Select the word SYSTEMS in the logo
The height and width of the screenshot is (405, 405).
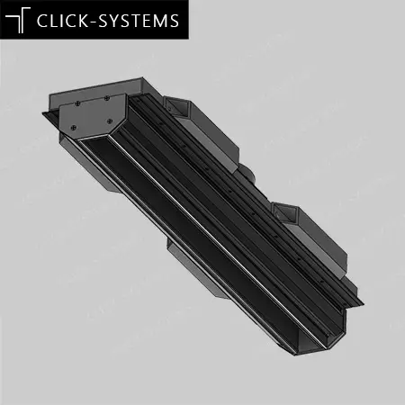139,21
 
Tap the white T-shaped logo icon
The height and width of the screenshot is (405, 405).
18,20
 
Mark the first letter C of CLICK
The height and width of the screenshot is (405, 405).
42,21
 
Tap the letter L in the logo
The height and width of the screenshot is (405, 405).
54,21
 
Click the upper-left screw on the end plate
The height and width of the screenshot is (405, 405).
77,103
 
